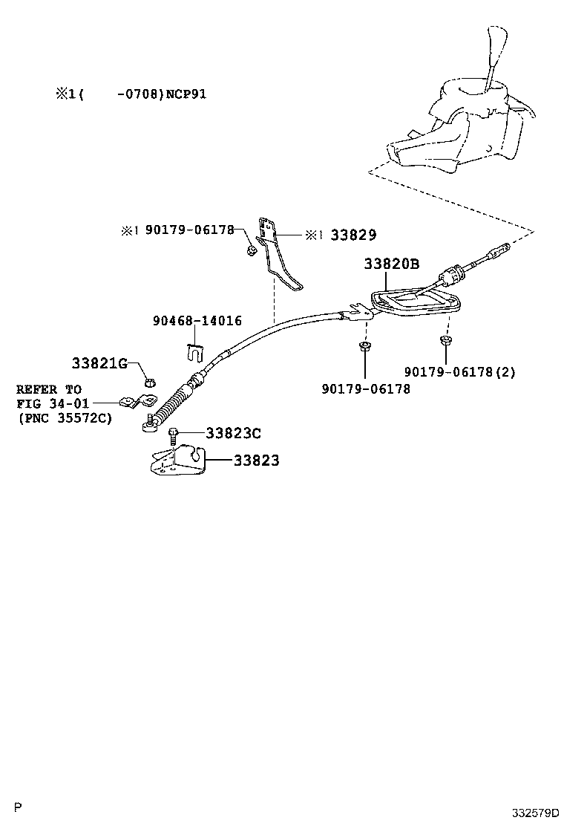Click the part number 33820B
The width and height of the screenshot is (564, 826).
(391, 264)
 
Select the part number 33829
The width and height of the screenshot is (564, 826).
(354, 235)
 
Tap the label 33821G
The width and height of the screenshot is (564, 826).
(99, 363)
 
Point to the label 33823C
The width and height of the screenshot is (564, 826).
(233, 433)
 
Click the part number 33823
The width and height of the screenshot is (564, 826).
(256, 461)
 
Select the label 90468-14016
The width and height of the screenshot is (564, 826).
(197, 321)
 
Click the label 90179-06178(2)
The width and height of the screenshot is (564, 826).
(460, 371)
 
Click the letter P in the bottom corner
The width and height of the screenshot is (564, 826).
(19, 807)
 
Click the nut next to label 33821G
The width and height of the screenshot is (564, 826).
(147, 382)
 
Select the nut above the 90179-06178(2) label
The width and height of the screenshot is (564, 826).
(445, 341)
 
